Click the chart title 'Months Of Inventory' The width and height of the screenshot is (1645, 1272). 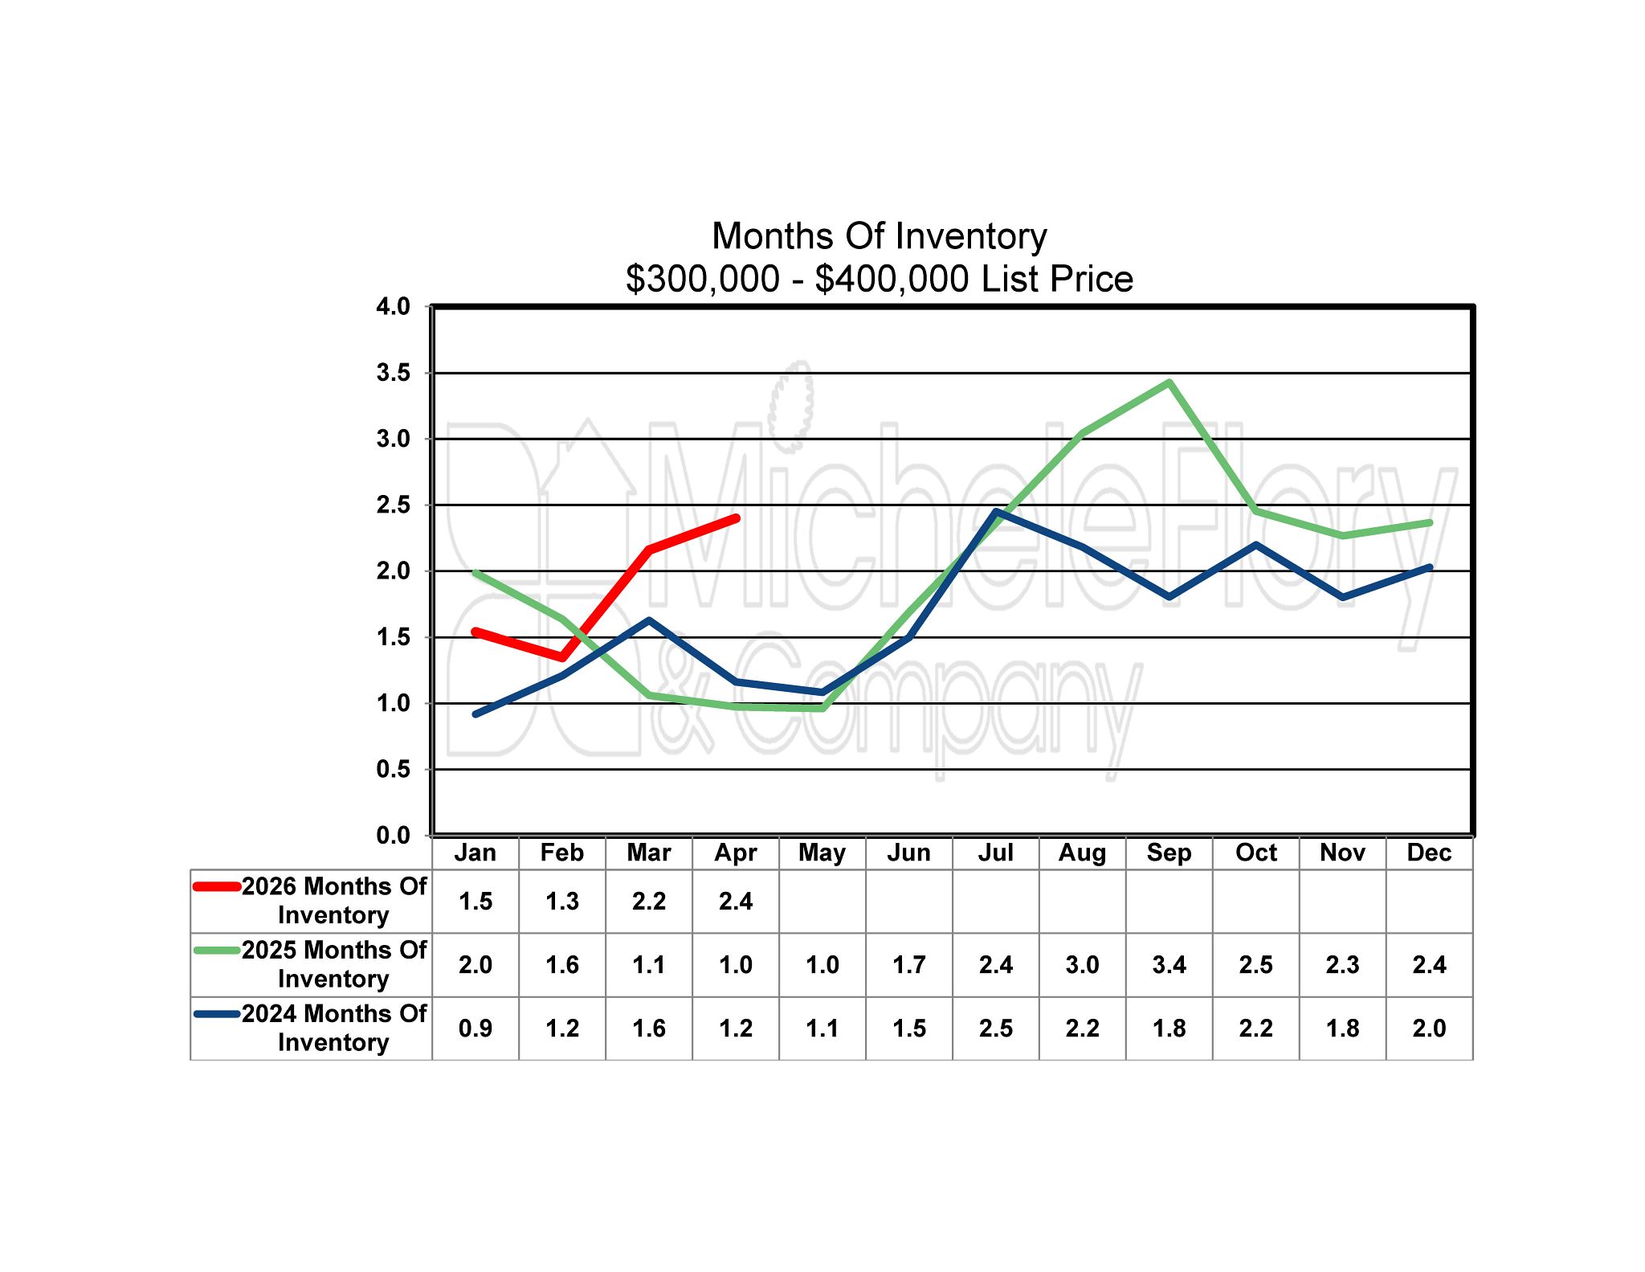click(x=879, y=236)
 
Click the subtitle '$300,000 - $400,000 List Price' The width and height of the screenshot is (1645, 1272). click(x=879, y=279)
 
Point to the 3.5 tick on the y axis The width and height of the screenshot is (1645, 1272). click(x=393, y=373)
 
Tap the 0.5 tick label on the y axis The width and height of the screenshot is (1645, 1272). click(x=393, y=769)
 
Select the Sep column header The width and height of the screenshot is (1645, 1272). click(x=1169, y=853)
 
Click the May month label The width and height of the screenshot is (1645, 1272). click(x=822, y=853)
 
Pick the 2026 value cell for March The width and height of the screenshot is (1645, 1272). click(x=648, y=901)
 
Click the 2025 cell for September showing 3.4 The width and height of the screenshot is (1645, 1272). click(x=1169, y=964)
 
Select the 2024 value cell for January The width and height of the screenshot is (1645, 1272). click(x=476, y=1028)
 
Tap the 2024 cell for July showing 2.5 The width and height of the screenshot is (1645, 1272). click(x=995, y=1028)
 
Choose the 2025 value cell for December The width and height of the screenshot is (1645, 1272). click(x=1429, y=964)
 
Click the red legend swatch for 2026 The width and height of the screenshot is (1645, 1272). click(x=217, y=887)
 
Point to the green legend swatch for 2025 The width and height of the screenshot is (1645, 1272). click(x=217, y=951)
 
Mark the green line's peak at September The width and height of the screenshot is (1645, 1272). click(x=1169, y=382)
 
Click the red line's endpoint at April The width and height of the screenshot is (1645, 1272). click(x=736, y=518)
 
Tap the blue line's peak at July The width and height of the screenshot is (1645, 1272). click(x=996, y=511)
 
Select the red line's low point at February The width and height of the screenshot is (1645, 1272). click(x=562, y=657)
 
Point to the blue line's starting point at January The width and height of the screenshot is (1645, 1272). click(x=476, y=714)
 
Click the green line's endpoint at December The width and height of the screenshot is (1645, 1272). click(x=1429, y=522)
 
